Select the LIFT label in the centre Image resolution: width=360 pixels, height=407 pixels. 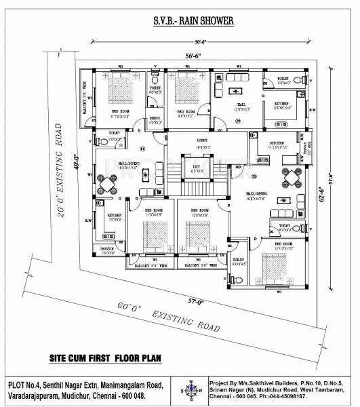pyautogui.click(x=197, y=168)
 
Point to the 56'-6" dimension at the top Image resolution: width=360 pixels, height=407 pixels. pyautogui.click(x=196, y=56)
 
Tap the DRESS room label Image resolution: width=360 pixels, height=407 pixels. pyautogui.click(x=155, y=120)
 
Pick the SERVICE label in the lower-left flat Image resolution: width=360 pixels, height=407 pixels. pyautogui.click(x=108, y=248)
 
